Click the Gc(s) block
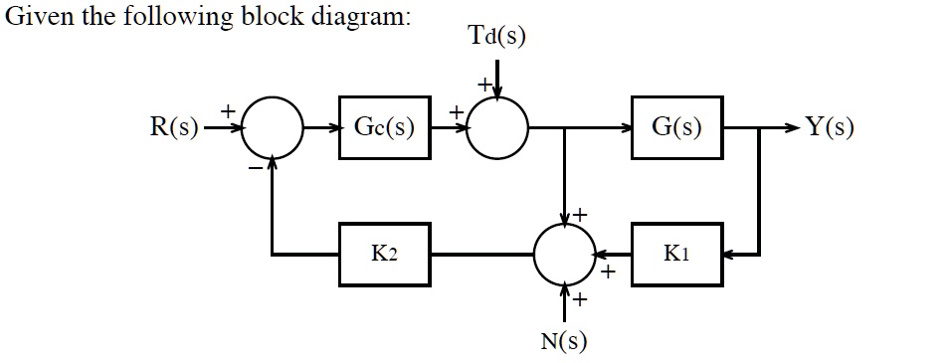(385, 127)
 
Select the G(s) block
(676, 127)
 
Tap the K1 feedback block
(676, 255)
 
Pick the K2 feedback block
(385, 255)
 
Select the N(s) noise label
(564, 342)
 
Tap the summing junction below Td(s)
(497, 128)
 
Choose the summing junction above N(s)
(564, 255)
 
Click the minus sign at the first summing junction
(256, 170)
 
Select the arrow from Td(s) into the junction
(497, 80)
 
